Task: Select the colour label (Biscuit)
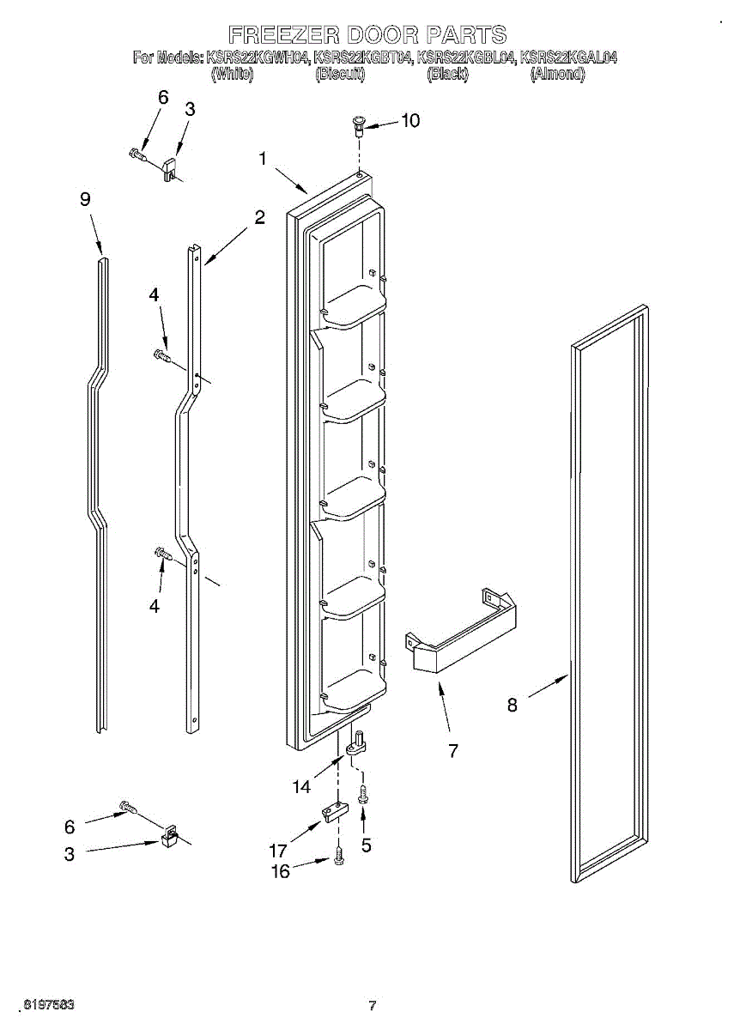(341, 75)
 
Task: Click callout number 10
(410, 121)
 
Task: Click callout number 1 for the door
(263, 159)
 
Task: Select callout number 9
(85, 199)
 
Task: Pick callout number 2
(259, 218)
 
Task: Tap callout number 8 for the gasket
(512, 706)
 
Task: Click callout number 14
(301, 786)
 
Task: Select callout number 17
(277, 851)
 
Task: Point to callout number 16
(281, 871)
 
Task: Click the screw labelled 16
(340, 857)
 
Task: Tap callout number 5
(367, 845)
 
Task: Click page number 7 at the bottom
(373, 1006)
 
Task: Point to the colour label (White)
(232, 75)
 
